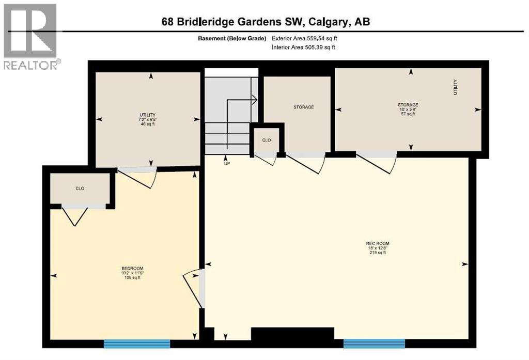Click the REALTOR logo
click(30, 36)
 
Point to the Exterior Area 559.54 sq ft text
click(305, 38)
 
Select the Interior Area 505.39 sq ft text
click(304, 48)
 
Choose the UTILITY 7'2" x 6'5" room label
click(148, 119)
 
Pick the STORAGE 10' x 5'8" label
click(408, 109)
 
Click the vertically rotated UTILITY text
click(455, 86)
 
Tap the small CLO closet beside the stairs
click(266, 140)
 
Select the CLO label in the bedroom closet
click(80, 189)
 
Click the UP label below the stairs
click(226, 164)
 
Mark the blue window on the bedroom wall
click(137, 343)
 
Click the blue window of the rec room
click(374, 343)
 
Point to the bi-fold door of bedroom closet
click(75, 216)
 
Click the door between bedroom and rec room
click(193, 287)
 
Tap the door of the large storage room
click(377, 161)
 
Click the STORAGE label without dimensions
click(303, 107)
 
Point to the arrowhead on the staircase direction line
click(254, 100)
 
